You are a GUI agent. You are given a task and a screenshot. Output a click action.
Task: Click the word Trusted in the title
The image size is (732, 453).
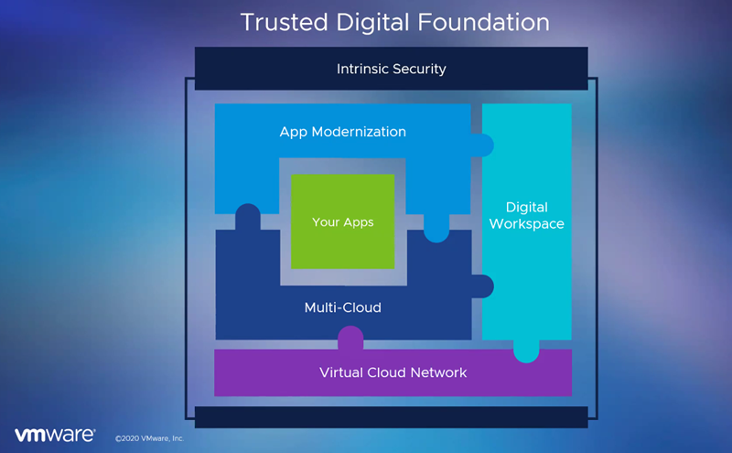coord(275,22)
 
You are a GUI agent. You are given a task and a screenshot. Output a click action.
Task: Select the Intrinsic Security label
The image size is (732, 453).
coord(391,69)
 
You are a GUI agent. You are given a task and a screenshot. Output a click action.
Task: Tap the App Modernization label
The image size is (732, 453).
coord(342,132)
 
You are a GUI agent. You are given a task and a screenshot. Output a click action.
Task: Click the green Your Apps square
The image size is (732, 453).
coord(342,222)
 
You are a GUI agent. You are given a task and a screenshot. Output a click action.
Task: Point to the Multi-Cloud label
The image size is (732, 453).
coord(342,307)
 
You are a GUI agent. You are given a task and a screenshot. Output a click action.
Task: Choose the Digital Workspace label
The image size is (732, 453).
coord(527,216)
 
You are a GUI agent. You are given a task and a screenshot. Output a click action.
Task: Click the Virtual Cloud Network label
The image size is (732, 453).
coord(393,372)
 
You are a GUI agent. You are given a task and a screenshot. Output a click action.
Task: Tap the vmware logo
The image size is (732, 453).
coord(54,435)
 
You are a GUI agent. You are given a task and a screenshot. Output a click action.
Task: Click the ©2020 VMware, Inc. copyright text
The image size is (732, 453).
coord(149,438)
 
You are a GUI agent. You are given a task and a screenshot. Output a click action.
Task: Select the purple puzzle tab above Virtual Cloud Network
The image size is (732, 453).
coord(350,339)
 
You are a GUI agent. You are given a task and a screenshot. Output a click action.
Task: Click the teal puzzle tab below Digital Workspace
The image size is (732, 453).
coord(526,351)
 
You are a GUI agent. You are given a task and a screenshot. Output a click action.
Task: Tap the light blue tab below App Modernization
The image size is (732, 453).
coord(436,230)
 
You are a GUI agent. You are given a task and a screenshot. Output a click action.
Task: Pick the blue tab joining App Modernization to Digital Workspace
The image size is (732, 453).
coord(483,145)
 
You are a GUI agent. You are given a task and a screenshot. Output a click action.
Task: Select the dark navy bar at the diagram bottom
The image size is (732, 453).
coord(391,417)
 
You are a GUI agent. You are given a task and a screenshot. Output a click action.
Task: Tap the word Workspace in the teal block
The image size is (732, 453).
coord(527,224)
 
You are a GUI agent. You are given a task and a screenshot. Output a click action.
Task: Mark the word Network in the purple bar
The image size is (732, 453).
coord(438,372)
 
